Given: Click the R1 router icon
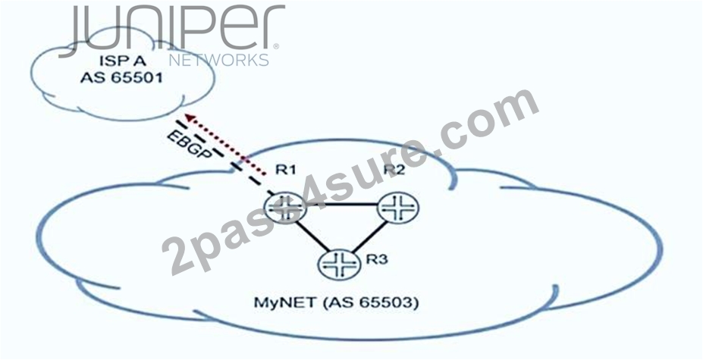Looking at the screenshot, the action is [x=285, y=208].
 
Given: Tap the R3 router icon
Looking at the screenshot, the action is [x=340, y=265].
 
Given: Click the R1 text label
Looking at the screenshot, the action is [x=286, y=171].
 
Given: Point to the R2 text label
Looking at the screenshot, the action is [x=394, y=170].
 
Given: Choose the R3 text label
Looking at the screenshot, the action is [x=377, y=259].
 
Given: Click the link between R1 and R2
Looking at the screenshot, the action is [x=342, y=205].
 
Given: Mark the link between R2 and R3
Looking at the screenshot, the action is [x=369, y=236].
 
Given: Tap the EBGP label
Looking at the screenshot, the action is [x=190, y=145].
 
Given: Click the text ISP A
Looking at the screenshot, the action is [x=121, y=61].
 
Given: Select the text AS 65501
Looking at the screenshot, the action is [x=121, y=77].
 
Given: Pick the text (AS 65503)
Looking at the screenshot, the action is [x=370, y=302].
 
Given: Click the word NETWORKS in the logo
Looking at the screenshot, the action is [x=219, y=60].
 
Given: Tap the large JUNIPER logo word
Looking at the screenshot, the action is [x=171, y=30].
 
